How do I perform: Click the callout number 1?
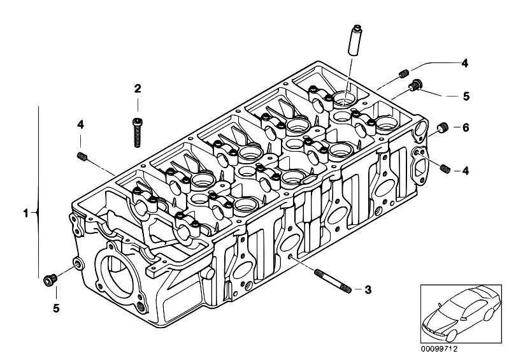pos(25,214)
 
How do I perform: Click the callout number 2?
pos(138,89)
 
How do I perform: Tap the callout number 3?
pos(368,289)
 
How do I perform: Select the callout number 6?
pos(466,128)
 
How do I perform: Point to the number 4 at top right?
pos(465,63)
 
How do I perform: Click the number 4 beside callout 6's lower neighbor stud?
pos(466,170)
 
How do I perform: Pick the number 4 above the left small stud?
pos(80,124)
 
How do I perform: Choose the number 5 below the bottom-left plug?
pos(57,308)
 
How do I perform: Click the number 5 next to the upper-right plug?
pos(466,96)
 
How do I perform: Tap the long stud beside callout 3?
pos(333,281)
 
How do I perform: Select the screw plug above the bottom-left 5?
pos(50,280)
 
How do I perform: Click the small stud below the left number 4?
pos(82,156)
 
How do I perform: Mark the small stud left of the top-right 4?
pos(403,73)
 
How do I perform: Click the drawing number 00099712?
pos(439,349)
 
